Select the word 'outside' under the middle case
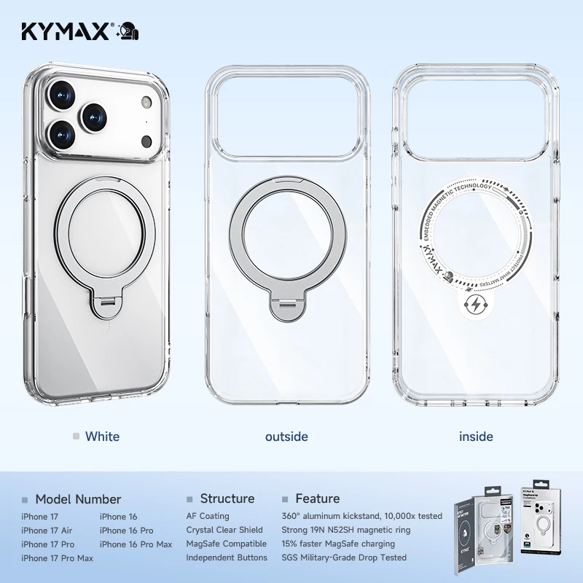tap(286, 437)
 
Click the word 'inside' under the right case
tap(476, 437)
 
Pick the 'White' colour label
tap(102, 437)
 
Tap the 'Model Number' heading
tap(78, 499)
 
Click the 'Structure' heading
tap(227, 499)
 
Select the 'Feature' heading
tap(317, 499)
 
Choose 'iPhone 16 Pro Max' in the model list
tap(136, 544)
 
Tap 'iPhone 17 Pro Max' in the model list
tap(58, 558)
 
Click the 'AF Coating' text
tap(208, 516)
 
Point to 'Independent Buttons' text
tap(227, 557)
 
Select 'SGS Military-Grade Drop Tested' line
tap(344, 557)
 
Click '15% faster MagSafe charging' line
tap(338, 544)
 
